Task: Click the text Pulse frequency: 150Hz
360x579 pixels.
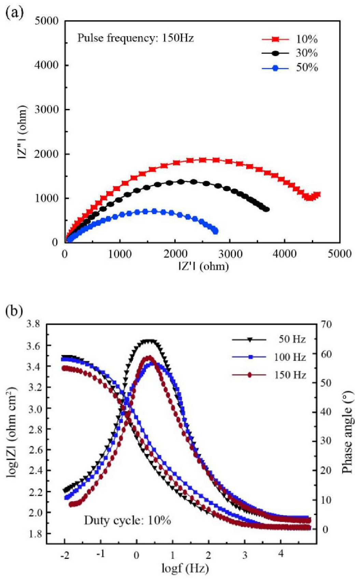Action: pos(135,38)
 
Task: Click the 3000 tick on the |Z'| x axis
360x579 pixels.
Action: pos(230,254)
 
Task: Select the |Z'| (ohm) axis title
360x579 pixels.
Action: pos(204,266)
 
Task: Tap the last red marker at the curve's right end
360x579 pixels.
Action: pos(317,195)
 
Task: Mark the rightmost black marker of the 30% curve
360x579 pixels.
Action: pos(266,209)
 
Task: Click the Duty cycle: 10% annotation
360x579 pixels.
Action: pos(127,521)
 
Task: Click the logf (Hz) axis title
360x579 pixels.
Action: pos(185,568)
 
